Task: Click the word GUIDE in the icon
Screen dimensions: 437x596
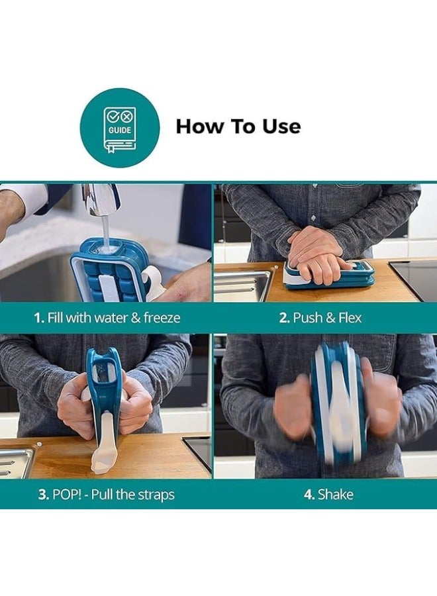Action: (x=120, y=130)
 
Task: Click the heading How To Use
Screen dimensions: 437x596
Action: (x=238, y=126)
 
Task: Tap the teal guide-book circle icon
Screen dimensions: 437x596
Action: (x=120, y=128)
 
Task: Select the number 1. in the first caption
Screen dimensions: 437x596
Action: (x=39, y=318)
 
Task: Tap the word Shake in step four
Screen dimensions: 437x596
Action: (x=336, y=495)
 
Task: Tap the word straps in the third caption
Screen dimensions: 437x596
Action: (x=156, y=495)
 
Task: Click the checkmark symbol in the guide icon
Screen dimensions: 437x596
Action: (x=113, y=116)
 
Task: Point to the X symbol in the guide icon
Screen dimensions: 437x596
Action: (x=126, y=116)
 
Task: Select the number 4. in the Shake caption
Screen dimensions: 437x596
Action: (x=309, y=495)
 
